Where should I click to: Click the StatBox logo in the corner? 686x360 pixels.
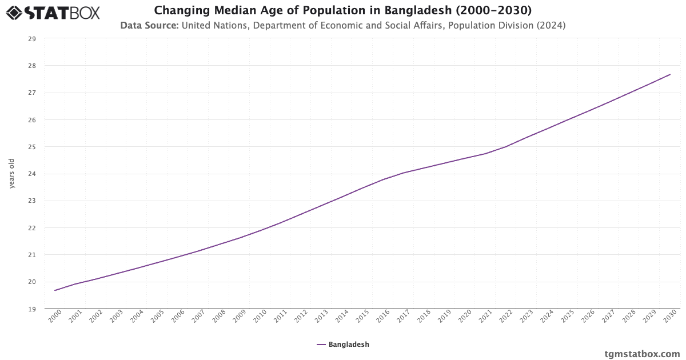click(53, 12)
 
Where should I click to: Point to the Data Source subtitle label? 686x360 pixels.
click(149, 25)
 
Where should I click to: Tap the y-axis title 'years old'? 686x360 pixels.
click(12, 174)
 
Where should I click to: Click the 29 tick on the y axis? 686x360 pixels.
click(32, 39)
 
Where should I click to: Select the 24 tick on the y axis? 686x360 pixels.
click(32, 174)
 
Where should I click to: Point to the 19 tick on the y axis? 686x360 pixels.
click(32, 309)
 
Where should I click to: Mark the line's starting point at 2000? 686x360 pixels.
click(55, 290)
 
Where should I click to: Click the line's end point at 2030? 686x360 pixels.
click(670, 74)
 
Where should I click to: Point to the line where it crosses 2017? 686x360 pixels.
click(404, 173)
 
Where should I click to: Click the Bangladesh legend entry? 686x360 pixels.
click(343, 345)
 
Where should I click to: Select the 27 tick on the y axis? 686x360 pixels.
click(32, 93)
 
